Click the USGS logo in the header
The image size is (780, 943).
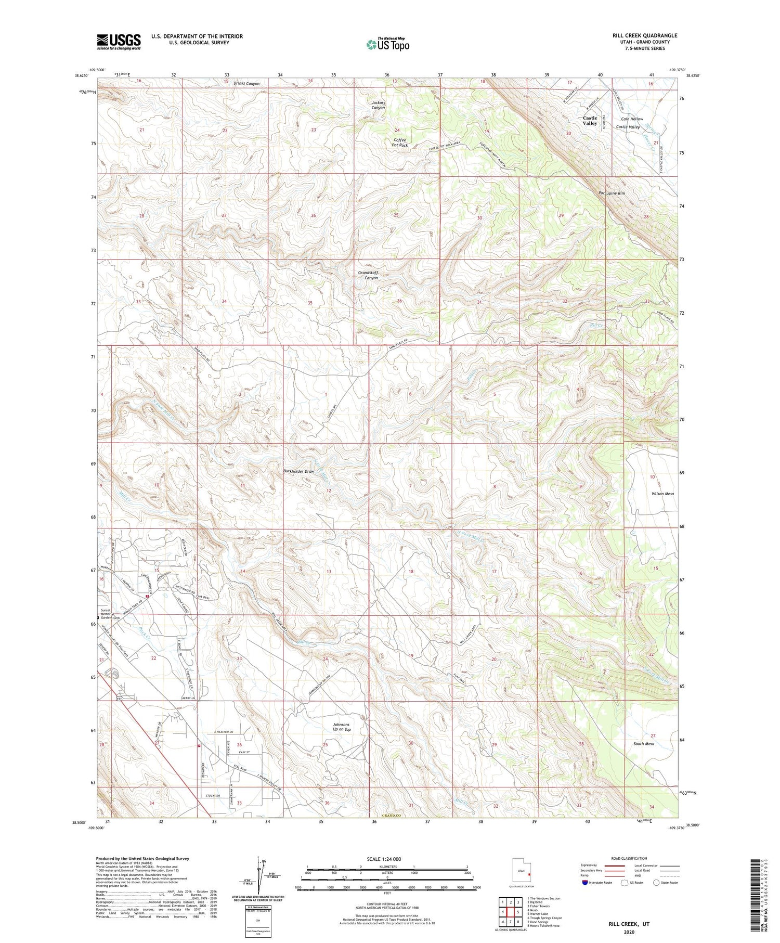119,42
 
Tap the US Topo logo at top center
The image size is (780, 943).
387,44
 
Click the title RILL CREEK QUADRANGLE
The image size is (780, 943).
644,35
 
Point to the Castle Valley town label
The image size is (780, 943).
590,121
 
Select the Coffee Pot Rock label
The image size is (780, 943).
399,143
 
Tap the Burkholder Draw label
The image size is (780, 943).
298,471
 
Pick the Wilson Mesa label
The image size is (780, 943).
662,494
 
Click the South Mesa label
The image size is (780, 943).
643,744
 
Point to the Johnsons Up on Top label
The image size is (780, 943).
341,727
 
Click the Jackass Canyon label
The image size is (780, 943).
378,105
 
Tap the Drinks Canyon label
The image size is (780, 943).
246,83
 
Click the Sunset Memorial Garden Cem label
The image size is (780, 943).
110,614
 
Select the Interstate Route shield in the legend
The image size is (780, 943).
584,882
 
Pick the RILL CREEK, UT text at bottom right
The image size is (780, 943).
629,924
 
